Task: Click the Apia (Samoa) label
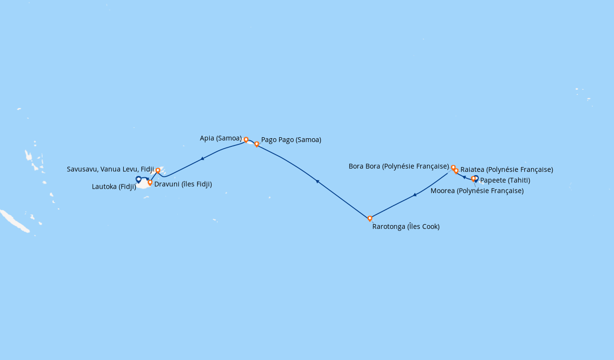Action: click(x=221, y=138)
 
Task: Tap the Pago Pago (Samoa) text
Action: click(x=291, y=140)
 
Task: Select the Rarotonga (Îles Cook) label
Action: click(x=406, y=227)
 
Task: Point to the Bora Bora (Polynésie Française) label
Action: click(x=399, y=167)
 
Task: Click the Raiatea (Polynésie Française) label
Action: click(x=507, y=169)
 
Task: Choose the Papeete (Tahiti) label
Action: click(x=505, y=180)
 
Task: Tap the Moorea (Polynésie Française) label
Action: click(x=477, y=191)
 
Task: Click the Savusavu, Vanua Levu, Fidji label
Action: click(x=110, y=169)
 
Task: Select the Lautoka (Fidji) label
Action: click(x=114, y=187)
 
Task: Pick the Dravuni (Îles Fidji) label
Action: click(x=183, y=184)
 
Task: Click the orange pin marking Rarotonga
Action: click(x=370, y=218)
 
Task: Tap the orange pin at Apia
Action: click(x=246, y=140)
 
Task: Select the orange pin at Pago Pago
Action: click(x=257, y=144)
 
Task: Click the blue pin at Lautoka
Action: click(x=139, y=180)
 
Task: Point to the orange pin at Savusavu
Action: click(x=158, y=170)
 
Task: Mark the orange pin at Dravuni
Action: click(x=150, y=182)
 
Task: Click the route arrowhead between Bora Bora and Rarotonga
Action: click(x=414, y=195)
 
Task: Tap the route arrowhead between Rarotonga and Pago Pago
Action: click(x=317, y=181)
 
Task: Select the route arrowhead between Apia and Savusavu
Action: click(x=202, y=158)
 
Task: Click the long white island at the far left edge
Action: click(x=14, y=221)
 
